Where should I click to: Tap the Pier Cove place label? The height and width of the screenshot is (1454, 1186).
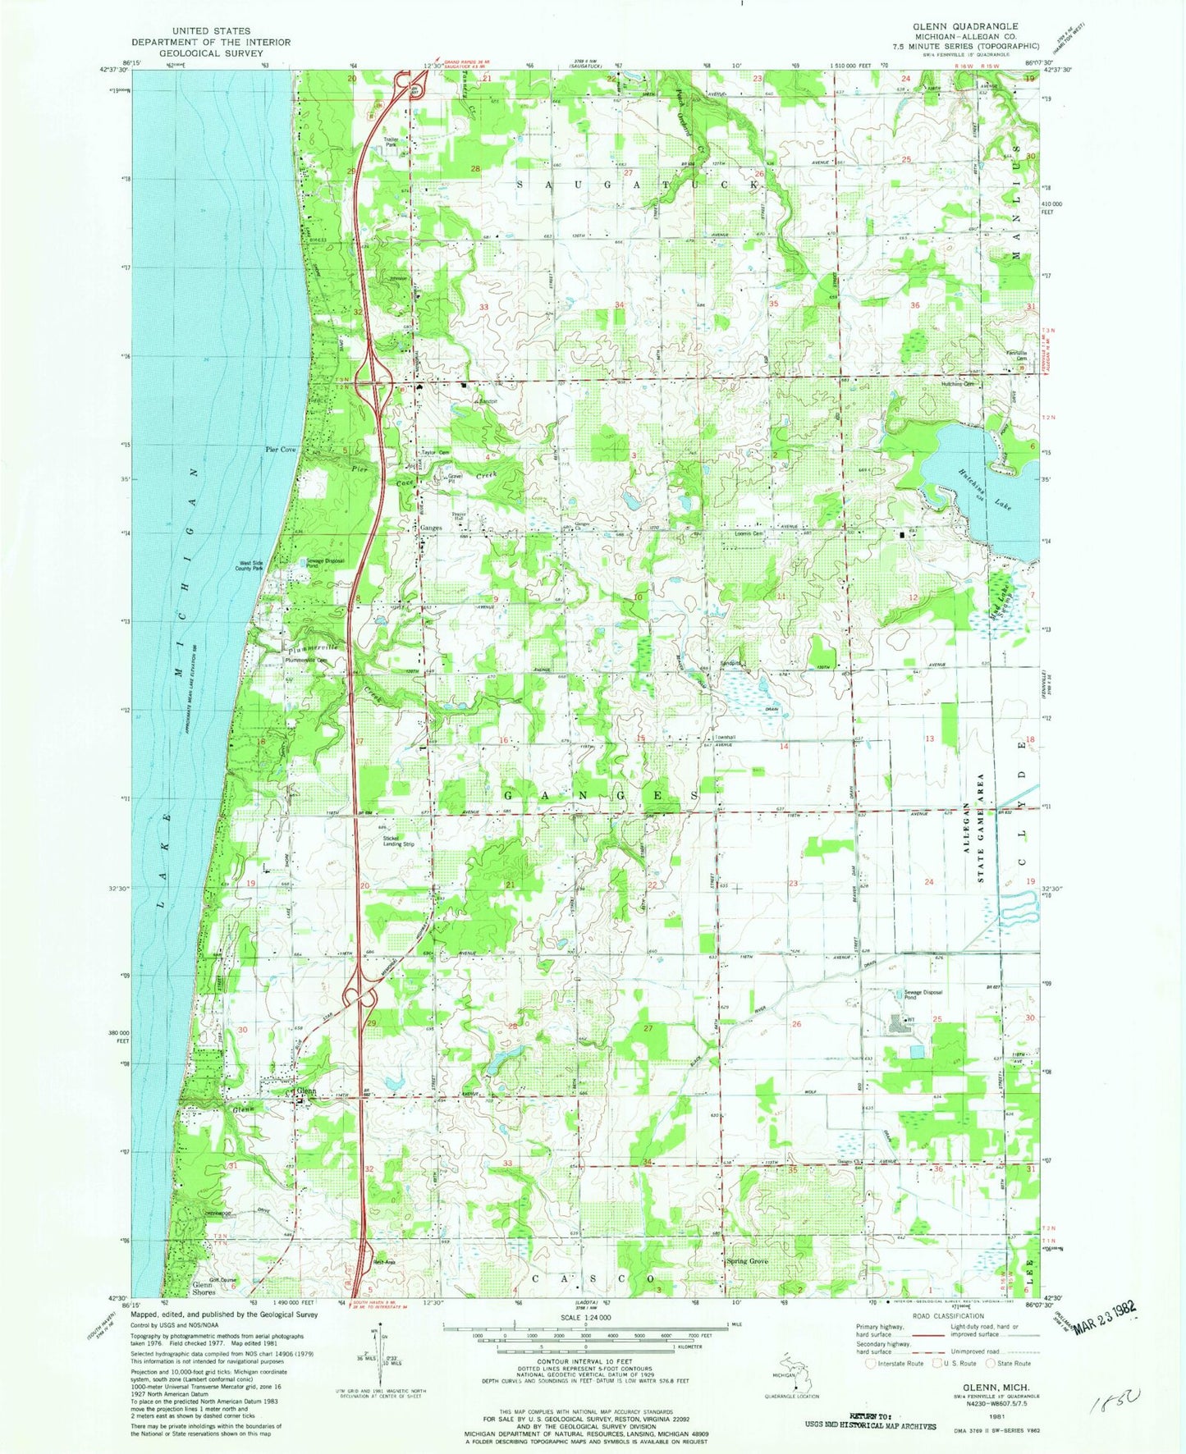tap(280, 450)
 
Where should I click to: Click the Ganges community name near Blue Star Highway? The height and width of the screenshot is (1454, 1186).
tap(432, 528)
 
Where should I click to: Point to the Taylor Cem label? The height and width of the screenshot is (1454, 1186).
tap(436, 452)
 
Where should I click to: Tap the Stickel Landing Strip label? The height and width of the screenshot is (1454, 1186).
tap(396, 841)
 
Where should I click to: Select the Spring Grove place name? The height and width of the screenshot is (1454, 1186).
tap(746, 1260)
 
